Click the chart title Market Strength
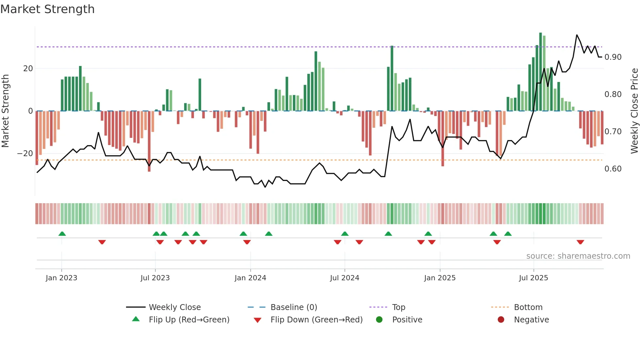click(x=47, y=9)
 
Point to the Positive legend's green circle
click(x=379, y=319)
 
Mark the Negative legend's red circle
click(x=501, y=319)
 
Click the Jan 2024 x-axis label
click(x=250, y=278)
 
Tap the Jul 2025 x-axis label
click(x=533, y=278)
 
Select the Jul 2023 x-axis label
click(x=155, y=278)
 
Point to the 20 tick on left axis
click(x=28, y=69)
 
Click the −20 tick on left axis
click(x=25, y=154)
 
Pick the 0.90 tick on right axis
click(x=613, y=57)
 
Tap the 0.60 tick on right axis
click(x=613, y=169)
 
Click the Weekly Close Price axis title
click(x=634, y=111)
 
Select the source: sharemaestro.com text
click(x=578, y=256)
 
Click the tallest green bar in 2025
click(x=540, y=72)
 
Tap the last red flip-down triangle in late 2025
click(x=580, y=242)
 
